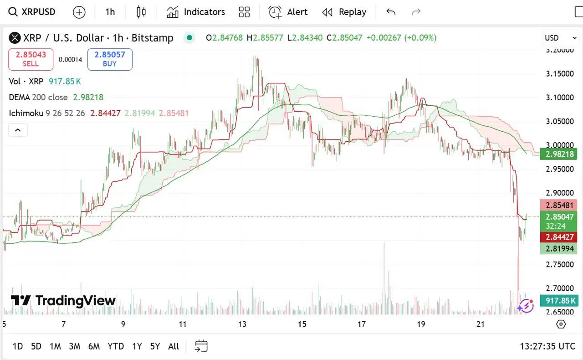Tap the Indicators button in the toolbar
196,12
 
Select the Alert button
288,12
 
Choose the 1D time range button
17,346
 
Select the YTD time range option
116,346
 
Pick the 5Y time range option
155,346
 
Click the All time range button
174,346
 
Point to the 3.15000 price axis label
560,74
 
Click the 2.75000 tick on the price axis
560,264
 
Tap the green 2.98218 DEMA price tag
559,154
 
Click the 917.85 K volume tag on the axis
559,301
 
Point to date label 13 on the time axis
242,324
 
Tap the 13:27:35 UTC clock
547,346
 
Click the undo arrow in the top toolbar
391,12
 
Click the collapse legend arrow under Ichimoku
18,130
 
